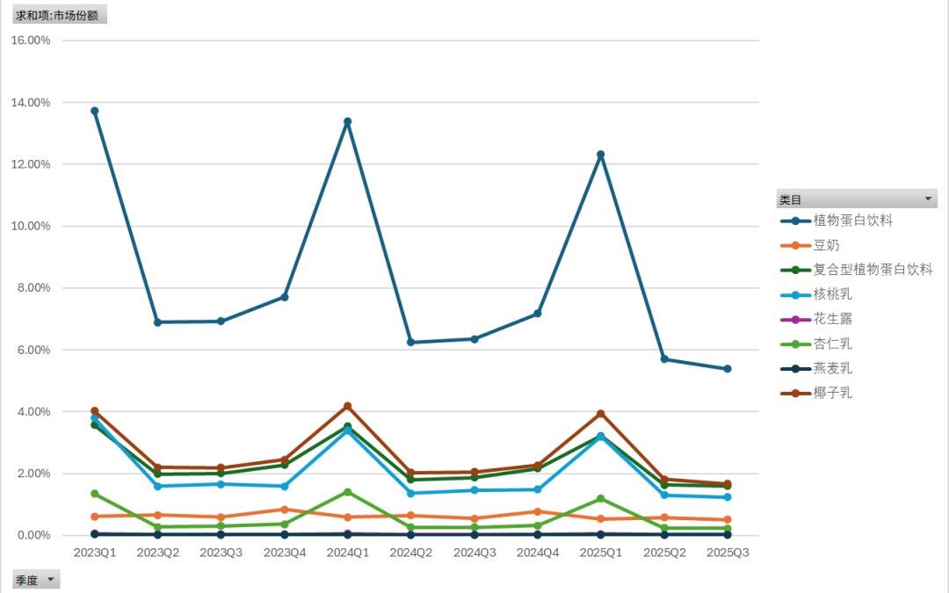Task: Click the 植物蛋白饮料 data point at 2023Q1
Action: pyautogui.click(x=95, y=111)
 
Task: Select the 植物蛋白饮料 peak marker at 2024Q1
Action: pyautogui.click(x=348, y=121)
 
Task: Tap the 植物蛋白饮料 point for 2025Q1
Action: pyautogui.click(x=601, y=155)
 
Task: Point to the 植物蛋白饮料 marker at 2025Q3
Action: pyautogui.click(x=728, y=369)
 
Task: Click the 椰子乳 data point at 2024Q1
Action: pyautogui.click(x=348, y=406)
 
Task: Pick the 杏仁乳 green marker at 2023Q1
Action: pyautogui.click(x=95, y=494)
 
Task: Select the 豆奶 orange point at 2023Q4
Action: pyautogui.click(x=285, y=510)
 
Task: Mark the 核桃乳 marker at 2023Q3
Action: pyautogui.click(x=221, y=484)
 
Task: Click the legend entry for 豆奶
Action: pyautogui.click(x=826, y=245)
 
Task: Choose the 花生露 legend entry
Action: pyautogui.click(x=833, y=319)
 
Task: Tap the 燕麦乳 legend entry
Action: pyautogui.click(x=833, y=368)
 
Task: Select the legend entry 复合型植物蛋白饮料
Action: pyautogui.click(x=873, y=270)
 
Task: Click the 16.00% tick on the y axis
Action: pyautogui.click(x=31, y=40)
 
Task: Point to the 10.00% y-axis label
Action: pyautogui.click(x=31, y=226)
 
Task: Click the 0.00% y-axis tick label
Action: pyautogui.click(x=33, y=535)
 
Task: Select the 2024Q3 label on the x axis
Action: pyautogui.click(x=474, y=553)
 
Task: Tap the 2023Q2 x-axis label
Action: pyautogui.click(x=158, y=553)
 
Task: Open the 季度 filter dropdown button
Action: pyautogui.click(x=51, y=580)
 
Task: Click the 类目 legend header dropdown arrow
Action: pyautogui.click(x=929, y=199)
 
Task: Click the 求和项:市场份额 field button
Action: pyautogui.click(x=57, y=15)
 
